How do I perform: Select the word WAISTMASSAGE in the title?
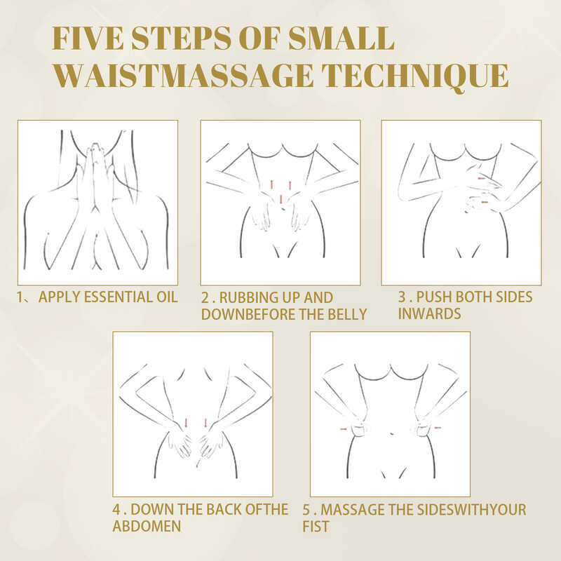pyautogui.click(x=184, y=76)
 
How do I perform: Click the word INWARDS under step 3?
pyautogui.click(x=429, y=313)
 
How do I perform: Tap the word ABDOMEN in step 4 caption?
pyautogui.click(x=147, y=527)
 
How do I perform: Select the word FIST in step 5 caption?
pyautogui.click(x=316, y=527)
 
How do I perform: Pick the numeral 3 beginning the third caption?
pyautogui.click(x=402, y=297)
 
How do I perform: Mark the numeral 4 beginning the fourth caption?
pyautogui.click(x=116, y=510)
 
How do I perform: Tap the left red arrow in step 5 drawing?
pyautogui.click(x=344, y=428)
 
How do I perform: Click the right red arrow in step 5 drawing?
pyautogui.click(x=438, y=428)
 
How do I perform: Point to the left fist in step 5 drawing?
pyautogui.click(x=358, y=428)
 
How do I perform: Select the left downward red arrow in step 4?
pyautogui.click(x=186, y=423)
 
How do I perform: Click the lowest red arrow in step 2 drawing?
pyautogui.click(x=281, y=199)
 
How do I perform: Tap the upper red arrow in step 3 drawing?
pyautogui.click(x=481, y=178)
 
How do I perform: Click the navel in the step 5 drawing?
pyautogui.click(x=393, y=433)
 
